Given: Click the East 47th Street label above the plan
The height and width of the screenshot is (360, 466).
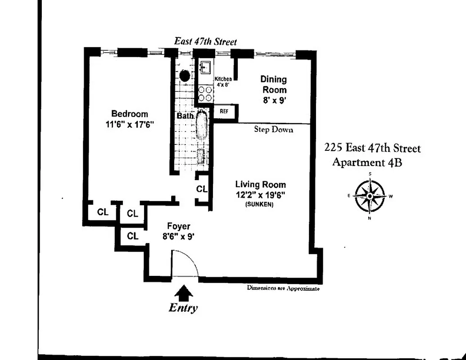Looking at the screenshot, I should click(x=205, y=41).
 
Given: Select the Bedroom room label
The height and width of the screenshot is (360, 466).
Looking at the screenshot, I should click(x=129, y=114).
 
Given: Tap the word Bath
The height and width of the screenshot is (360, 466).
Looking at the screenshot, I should click(x=185, y=116).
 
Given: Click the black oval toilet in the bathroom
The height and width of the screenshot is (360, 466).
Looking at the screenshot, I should click(x=185, y=76).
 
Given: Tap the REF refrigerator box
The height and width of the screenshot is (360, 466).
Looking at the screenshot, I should click(x=224, y=111).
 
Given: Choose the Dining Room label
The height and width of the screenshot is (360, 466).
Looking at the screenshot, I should click(x=274, y=85).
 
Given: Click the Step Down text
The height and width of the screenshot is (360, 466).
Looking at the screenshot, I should click(x=273, y=130).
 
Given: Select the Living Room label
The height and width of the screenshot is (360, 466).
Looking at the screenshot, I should click(x=260, y=184).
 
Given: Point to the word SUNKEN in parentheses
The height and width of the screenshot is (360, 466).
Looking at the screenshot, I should click(x=260, y=205).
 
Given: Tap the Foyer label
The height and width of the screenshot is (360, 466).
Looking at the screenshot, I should click(x=178, y=226).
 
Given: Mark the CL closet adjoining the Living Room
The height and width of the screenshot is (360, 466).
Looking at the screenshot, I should click(x=201, y=189).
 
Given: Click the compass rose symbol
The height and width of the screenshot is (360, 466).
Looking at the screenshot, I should click(x=370, y=196).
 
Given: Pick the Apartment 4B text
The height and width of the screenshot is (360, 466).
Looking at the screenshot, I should click(x=366, y=162).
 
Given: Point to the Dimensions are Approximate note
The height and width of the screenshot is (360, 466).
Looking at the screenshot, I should click(x=283, y=288).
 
